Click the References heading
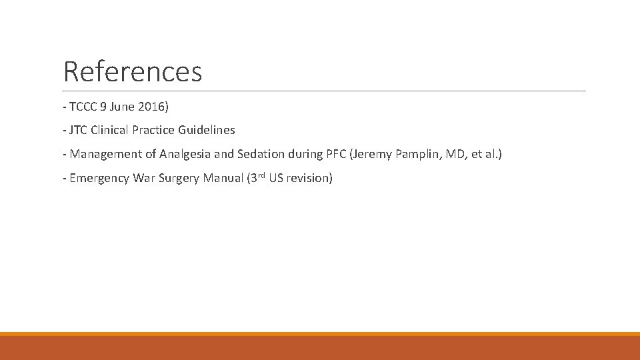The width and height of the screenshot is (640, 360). tap(133, 71)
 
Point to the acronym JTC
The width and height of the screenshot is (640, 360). tap(79, 130)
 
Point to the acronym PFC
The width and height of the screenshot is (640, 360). tap(335, 154)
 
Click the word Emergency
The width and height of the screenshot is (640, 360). tap(100, 178)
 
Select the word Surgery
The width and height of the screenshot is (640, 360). tap(177, 178)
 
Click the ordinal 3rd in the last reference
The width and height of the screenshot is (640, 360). tap(257, 177)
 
